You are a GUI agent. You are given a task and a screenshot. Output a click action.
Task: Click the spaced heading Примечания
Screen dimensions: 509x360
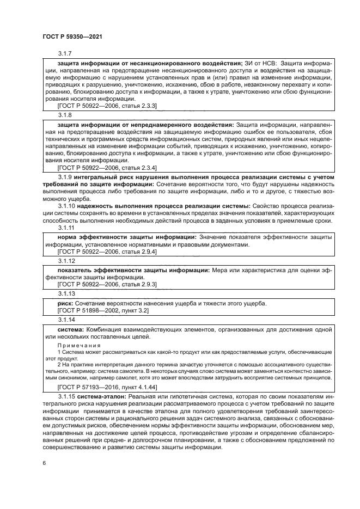click(80, 345)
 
